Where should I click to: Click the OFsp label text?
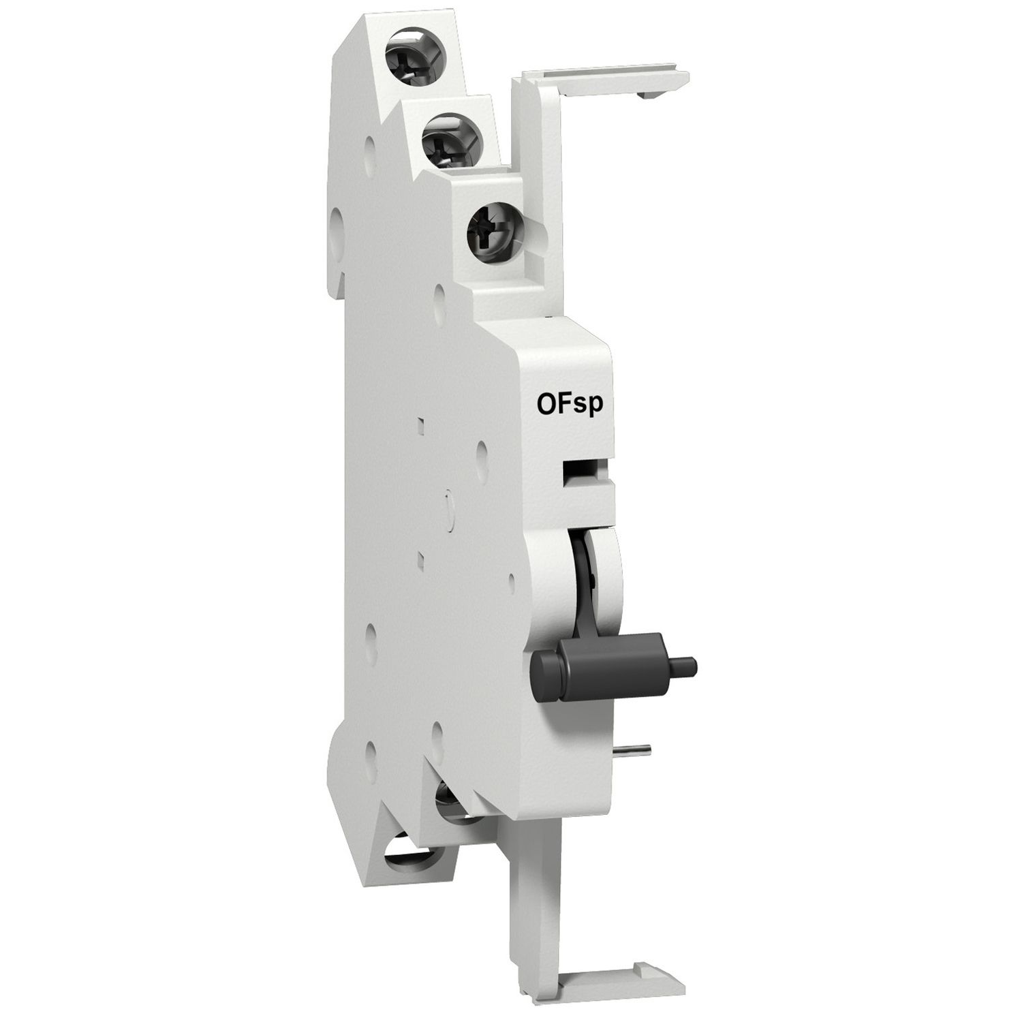(570, 404)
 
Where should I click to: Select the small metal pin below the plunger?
(638, 751)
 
